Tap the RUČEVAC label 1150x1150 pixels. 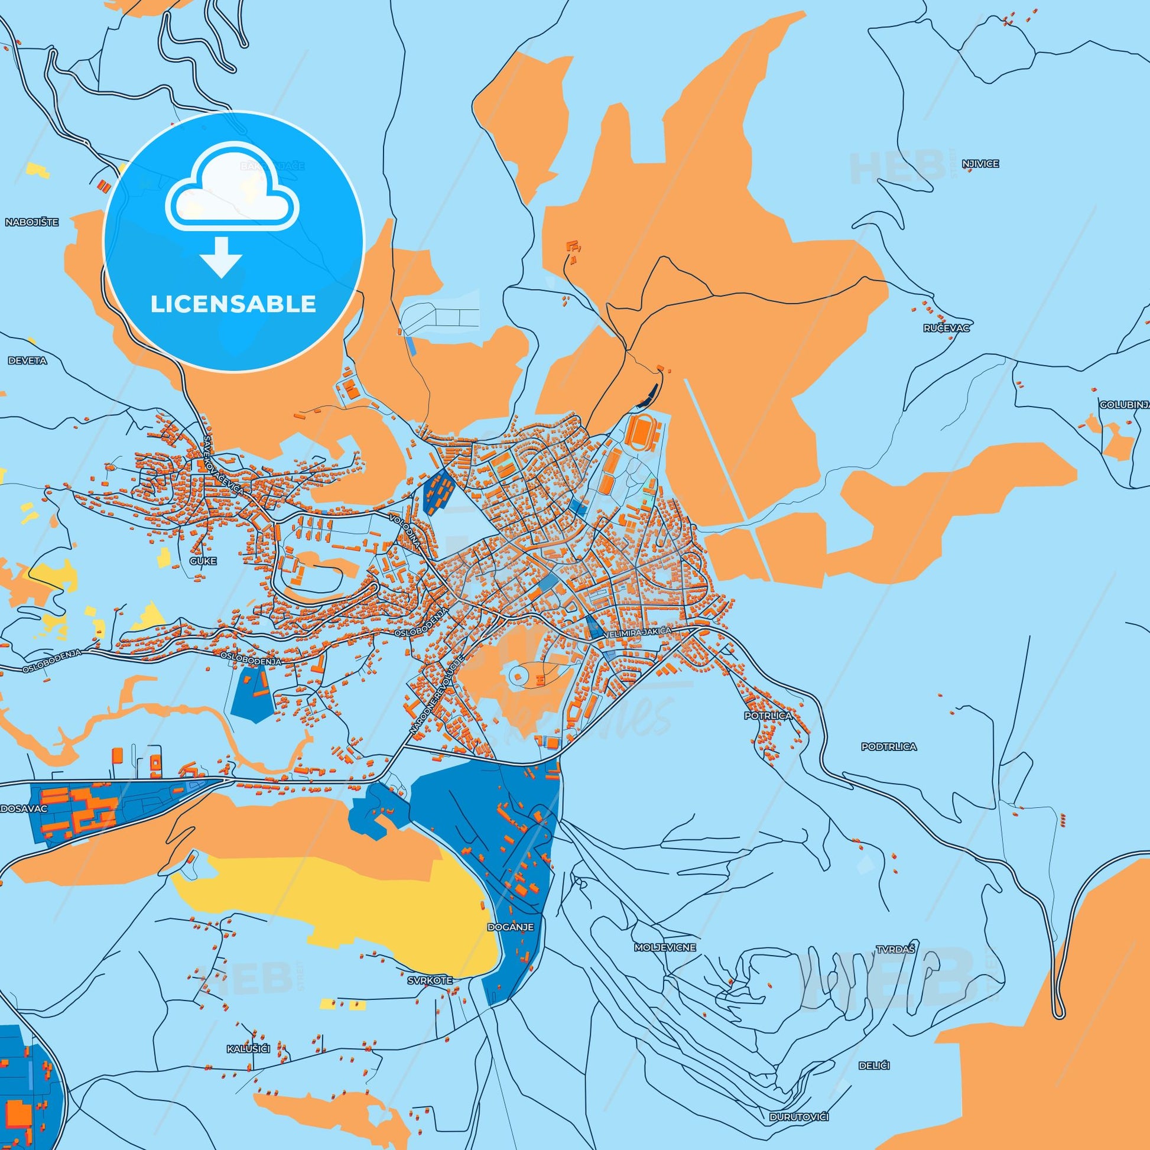[x=947, y=328]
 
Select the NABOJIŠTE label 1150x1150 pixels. [x=32, y=222]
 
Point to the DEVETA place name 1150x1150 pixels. [x=27, y=360]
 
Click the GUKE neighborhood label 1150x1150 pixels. [x=203, y=560]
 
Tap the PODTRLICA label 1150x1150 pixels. [x=889, y=746]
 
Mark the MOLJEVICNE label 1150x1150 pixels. [x=665, y=947]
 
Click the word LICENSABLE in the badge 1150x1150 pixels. [x=233, y=304]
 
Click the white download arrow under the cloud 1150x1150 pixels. [x=222, y=256]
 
